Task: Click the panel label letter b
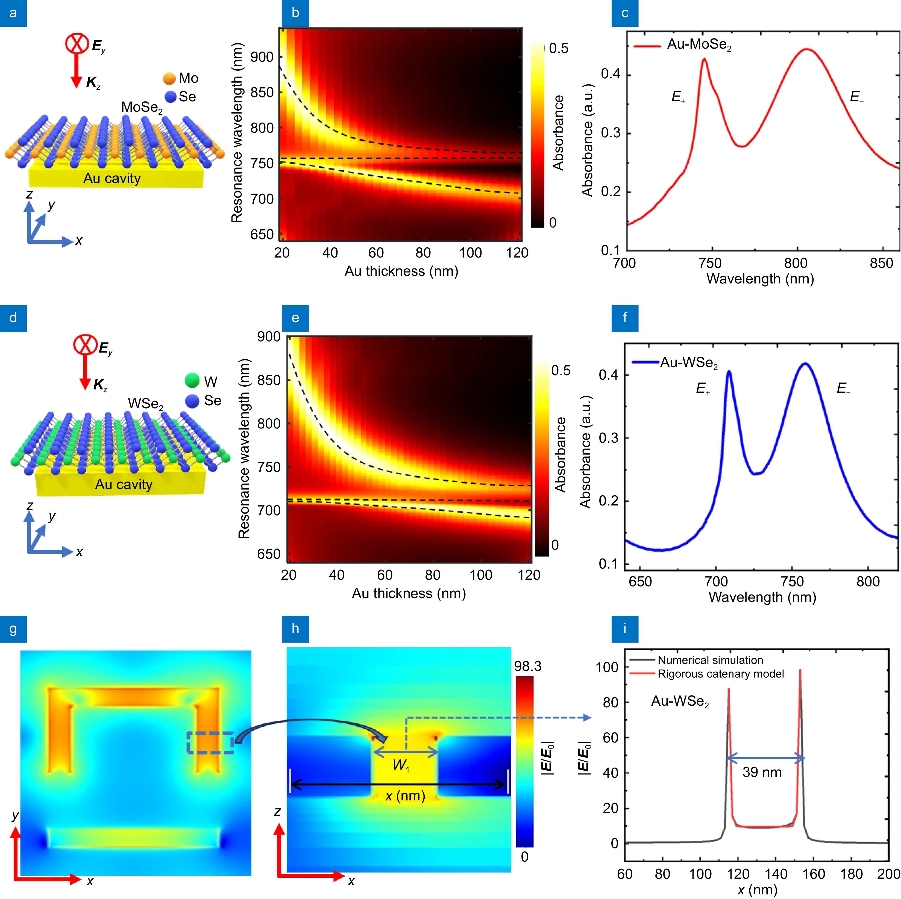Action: click(x=295, y=13)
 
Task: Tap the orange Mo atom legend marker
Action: click(x=169, y=78)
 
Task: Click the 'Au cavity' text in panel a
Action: click(x=112, y=179)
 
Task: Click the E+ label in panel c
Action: click(x=678, y=97)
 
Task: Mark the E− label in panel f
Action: click(x=843, y=388)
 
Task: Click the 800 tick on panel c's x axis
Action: click(x=796, y=263)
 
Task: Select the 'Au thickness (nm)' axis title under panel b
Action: click(x=401, y=271)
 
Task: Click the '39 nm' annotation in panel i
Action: click(x=762, y=772)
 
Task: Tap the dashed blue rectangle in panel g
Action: click(x=210, y=743)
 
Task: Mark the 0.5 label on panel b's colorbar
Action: click(x=558, y=48)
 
